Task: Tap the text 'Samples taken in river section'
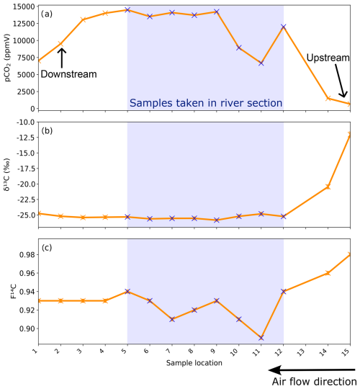click(x=205, y=103)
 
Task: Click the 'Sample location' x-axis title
click(x=193, y=363)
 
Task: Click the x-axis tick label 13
click(x=305, y=352)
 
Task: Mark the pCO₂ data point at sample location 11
click(x=261, y=63)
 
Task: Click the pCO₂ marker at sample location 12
click(x=283, y=27)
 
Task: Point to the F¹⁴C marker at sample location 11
click(x=261, y=337)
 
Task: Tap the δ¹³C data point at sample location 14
click(x=328, y=187)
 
